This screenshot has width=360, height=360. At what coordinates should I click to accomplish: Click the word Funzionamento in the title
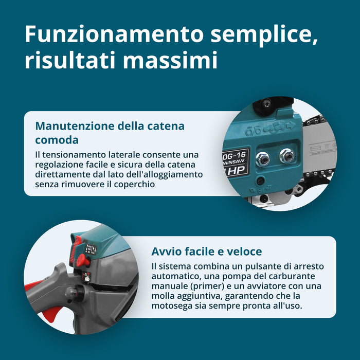point(114,34)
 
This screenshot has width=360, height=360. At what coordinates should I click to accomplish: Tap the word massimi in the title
point(170,60)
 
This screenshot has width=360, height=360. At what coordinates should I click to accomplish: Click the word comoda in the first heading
point(57,140)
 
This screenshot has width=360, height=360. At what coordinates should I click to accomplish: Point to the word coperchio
point(134,184)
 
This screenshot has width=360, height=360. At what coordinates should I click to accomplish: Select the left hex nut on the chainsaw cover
point(262,159)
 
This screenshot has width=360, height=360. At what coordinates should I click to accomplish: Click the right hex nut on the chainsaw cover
point(286,156)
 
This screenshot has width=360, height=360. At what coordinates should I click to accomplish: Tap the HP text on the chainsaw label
point(237,170)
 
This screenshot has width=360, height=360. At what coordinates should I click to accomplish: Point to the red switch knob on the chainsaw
point(83,261)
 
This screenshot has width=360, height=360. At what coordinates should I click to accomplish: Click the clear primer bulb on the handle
point(72,293)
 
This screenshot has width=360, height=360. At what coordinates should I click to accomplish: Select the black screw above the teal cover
point(266,104)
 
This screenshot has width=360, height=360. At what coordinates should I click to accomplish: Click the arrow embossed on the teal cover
point(290,125)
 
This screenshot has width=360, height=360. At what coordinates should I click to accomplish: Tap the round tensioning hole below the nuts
point(260,181)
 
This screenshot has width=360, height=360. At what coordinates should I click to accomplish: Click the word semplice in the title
point(264,35)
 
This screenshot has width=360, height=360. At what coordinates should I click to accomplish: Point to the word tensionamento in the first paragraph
point(74,155)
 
